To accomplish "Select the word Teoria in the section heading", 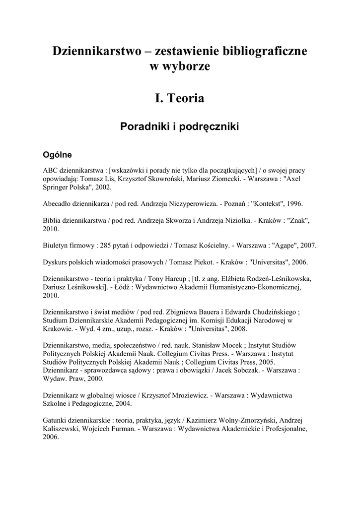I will (186, 98).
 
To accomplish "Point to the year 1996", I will (292, 204).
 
